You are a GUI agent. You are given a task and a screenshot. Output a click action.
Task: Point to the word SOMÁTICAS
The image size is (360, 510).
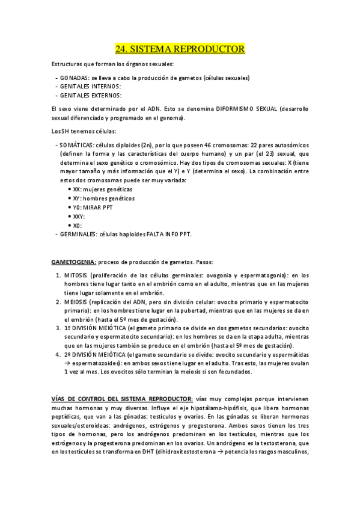pos(76,146)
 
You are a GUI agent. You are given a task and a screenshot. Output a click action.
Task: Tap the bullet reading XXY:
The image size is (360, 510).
pos(79,216)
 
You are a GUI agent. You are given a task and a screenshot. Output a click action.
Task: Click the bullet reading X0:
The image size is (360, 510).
pos(78,225)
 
